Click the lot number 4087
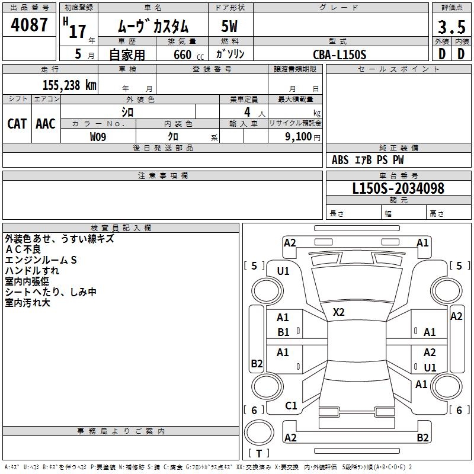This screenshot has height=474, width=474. (x=29, y=25)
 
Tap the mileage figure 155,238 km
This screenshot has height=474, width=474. (x=69, y=85)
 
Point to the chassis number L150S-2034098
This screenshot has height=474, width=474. (x=398, y=189)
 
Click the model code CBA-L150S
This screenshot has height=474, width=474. (x=340, y=55)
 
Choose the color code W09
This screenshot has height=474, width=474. (x=98, y=137)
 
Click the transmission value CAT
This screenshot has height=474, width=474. (x=17, y=124)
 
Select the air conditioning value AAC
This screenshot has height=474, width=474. (x=45, y=124)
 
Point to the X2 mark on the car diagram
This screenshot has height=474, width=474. (x=339, y=312)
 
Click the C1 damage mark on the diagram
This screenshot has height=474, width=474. (x=291, y=406)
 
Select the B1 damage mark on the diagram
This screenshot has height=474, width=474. (x=283, y=332)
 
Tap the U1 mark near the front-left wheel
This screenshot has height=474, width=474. (x=283, y=271)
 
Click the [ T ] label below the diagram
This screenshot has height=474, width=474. (x=258, y=454)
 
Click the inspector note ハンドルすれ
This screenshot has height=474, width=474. (x=32, y=271)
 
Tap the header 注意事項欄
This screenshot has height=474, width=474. (x=162, y=176)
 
